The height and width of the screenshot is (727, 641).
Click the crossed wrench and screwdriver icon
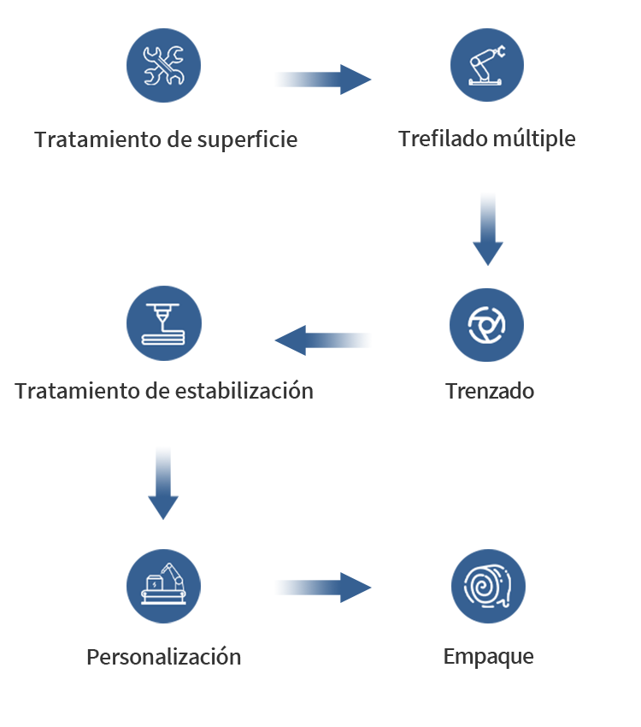coord(163,65)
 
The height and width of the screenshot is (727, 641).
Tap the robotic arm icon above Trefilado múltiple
coord(487,65)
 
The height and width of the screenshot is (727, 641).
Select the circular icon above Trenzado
coord(487,324)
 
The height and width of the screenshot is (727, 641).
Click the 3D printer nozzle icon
coord(164,323)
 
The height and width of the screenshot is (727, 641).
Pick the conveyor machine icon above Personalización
coord(163,586)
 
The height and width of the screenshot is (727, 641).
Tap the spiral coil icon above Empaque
coord(488,586)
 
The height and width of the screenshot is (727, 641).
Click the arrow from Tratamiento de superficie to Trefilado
coord(323,80)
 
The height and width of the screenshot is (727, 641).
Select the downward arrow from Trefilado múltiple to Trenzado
coord(488,229)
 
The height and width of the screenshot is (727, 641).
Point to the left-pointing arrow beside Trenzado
coord(323,340)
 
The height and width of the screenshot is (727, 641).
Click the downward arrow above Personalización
coord(163,483)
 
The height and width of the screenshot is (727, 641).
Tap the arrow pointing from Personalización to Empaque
coord(323,588)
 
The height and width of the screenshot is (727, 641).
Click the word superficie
coord(247,140)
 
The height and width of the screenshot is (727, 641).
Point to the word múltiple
coord(534,139)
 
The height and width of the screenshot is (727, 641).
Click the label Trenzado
coord(490,391)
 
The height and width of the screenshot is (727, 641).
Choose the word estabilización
coord(244,390)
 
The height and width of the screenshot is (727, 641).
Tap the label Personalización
coord(164,657)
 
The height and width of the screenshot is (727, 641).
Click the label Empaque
coord(489,657)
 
